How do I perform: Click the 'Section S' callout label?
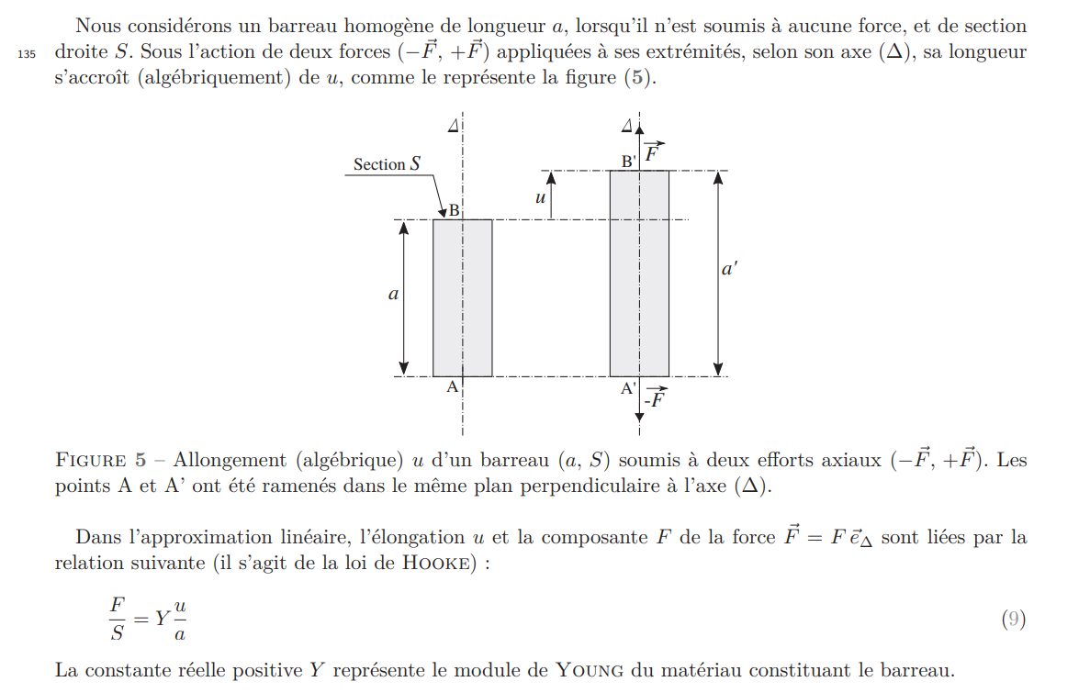(x=387, y=164)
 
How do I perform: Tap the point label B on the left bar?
(x=453, y=211)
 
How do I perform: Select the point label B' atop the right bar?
(x=629, y=162)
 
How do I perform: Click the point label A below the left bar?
(x=452, y=387)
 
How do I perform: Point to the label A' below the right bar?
(x=629, y=388)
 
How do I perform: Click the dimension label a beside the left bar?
(x=393, y=296)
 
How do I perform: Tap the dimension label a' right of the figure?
(x=730, y=270)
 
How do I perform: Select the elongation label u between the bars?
(x=540, y=197)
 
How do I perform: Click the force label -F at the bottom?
(x=655, y=399)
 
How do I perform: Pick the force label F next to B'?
(x=653, y=152)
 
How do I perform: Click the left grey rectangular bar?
(x=462, y=297)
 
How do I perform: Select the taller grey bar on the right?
(x=639, y=274)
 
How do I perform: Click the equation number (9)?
(x=1012, y=620)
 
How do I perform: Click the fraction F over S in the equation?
(x=117, y=620)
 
